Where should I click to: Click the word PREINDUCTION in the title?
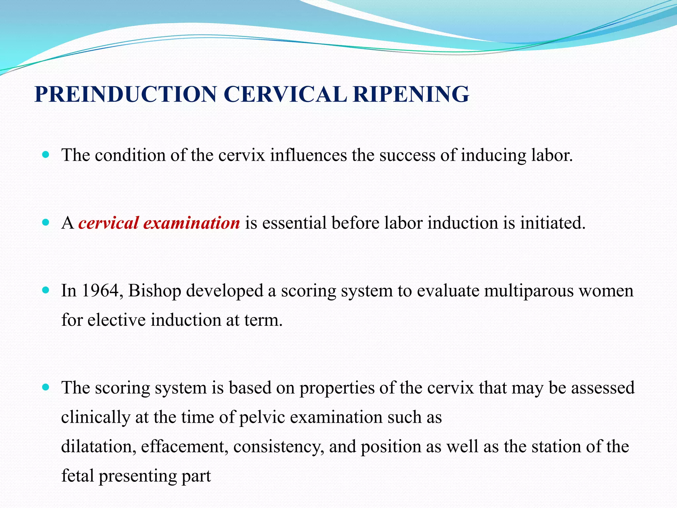coord(126,94)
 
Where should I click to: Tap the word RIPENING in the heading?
coord(411,94)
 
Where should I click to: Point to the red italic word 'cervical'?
coord(108,223)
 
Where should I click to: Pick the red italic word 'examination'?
coord(192,223)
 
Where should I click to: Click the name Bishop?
coord(154,291)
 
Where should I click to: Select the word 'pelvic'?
coord(262,417)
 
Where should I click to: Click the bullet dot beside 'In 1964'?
coord(46,290)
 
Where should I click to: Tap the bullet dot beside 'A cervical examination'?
coord(46,222)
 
